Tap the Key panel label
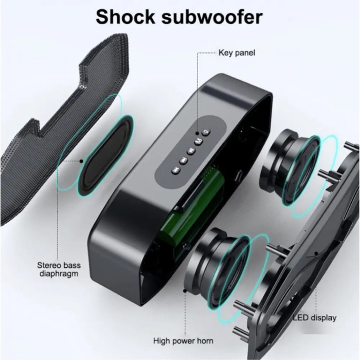coord(237,52)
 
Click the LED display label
coord(315,317)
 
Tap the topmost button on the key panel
coord(207,132)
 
